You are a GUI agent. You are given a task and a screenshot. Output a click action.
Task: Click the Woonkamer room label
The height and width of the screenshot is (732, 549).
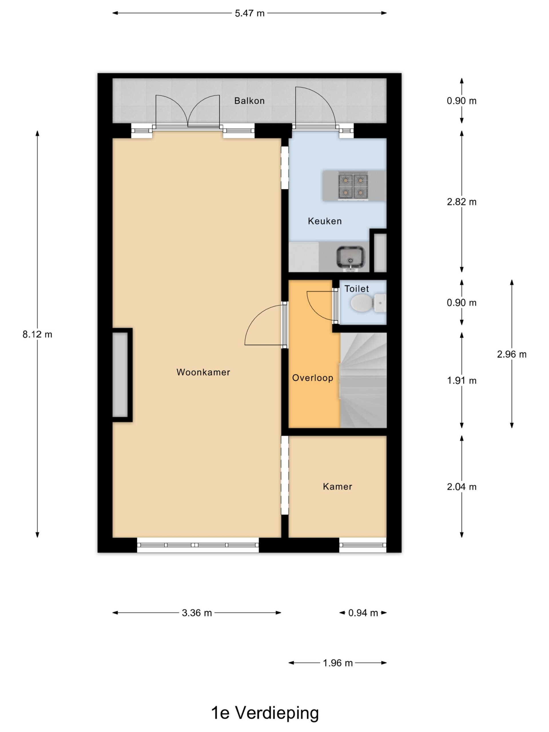[x=203, y=372]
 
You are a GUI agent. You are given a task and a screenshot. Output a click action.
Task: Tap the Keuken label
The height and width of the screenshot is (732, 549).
[x=325, y=221]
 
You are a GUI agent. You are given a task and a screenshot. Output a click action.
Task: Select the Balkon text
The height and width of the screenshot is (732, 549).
[x=250, y=101]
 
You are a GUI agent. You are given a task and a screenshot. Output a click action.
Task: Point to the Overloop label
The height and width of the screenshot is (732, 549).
[x=313, y=378]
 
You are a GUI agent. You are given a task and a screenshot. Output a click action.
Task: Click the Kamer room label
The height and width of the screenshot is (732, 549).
[x=337, y=486]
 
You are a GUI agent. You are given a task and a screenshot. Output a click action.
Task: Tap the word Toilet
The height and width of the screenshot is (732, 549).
[x=356, y=289]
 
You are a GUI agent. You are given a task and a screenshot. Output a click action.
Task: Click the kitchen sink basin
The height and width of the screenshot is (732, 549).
[x=351, y=257]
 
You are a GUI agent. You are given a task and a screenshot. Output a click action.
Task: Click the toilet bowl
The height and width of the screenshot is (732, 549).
[x=362, y=303]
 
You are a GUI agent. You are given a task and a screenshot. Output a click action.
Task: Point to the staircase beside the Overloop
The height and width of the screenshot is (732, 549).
[x=363, y=380]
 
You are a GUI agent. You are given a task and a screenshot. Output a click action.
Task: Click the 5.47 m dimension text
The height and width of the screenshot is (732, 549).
[x=250, y=13]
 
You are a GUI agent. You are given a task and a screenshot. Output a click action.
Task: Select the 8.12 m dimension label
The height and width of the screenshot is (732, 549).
[x=37, y=334]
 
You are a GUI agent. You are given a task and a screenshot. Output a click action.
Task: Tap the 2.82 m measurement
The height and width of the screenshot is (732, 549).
[x=462, y=202]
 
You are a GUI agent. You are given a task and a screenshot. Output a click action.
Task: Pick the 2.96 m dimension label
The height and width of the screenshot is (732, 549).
[x=512, y=354]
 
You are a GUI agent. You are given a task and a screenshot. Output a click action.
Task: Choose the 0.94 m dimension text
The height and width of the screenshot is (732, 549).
[x=363, y=613]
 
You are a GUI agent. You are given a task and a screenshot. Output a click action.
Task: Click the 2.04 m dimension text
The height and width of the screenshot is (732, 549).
[x=462, y=486]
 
